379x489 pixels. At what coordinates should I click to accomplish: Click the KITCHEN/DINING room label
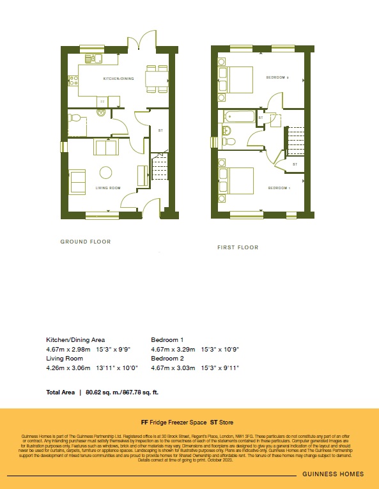pos(119,79)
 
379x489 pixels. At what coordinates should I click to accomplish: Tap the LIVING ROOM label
pos(108,188)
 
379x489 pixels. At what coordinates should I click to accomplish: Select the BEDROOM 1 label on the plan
pos(279,188)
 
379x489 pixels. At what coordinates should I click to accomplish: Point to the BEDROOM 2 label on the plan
pos(278,78)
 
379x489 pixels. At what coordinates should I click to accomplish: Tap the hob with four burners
pos(73,81)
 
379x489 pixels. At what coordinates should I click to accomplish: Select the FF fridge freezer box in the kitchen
pos(102,101)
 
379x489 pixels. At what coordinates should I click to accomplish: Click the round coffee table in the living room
pos(104,171)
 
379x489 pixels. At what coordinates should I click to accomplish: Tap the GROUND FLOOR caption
pos(86,242)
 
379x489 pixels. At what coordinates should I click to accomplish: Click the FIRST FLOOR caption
pos(238,247)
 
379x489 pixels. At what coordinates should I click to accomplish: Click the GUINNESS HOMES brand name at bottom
pos(334,474)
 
